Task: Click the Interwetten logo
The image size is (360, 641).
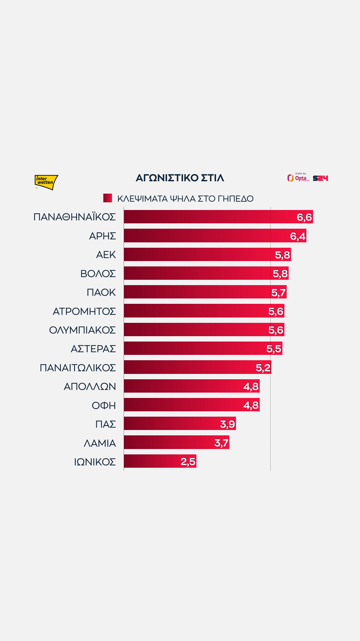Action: (46, 182)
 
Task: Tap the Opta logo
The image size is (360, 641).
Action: (299, 178)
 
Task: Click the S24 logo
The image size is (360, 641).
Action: (320, 178)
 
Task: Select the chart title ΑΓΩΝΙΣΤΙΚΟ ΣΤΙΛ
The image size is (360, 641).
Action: (180, 178)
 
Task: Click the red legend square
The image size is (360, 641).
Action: (108, 198)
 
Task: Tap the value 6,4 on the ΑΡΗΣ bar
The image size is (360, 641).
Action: (298, 236)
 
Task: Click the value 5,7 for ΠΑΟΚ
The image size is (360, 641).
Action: (278, 292)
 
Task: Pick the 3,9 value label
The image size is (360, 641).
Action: (228, 424)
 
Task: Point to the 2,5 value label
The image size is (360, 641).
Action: (188, 462)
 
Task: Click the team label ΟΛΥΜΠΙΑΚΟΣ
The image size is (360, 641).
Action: (82, 330)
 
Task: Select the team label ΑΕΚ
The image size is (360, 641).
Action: (106, 255)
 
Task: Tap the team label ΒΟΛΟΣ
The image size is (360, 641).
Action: (98, 273)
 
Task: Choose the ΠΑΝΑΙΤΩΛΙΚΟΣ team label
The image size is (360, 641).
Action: (78, 368)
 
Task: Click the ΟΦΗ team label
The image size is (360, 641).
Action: (104, 405)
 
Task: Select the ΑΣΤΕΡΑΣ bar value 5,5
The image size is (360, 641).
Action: (274, 349)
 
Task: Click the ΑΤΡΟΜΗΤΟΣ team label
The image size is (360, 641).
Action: (84, 311)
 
